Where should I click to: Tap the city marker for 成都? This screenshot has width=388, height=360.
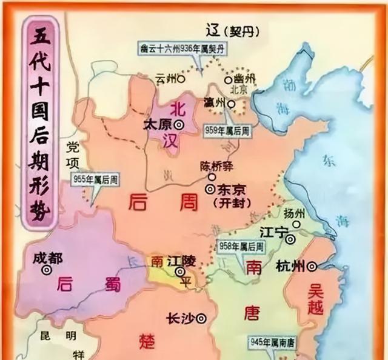point(47,271)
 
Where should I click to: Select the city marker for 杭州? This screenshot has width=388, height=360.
point(312,265)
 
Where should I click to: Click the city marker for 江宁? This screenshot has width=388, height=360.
point(291,239)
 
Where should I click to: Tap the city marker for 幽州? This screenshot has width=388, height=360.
point(228,79)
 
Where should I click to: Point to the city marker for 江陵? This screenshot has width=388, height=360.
point(180,272)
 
